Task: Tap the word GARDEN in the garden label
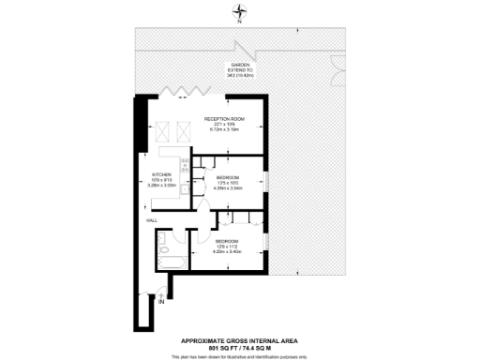click(241, 64)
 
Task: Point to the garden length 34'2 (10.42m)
click(241, 75)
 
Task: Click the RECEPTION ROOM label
click(225, 119)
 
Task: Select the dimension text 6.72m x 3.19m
click(225, 130)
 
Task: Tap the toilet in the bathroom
click(166, 265)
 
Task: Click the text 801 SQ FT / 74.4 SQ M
click(240, 347)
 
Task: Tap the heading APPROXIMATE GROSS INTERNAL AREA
click(240, 340)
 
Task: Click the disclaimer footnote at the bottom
click(240, 356)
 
